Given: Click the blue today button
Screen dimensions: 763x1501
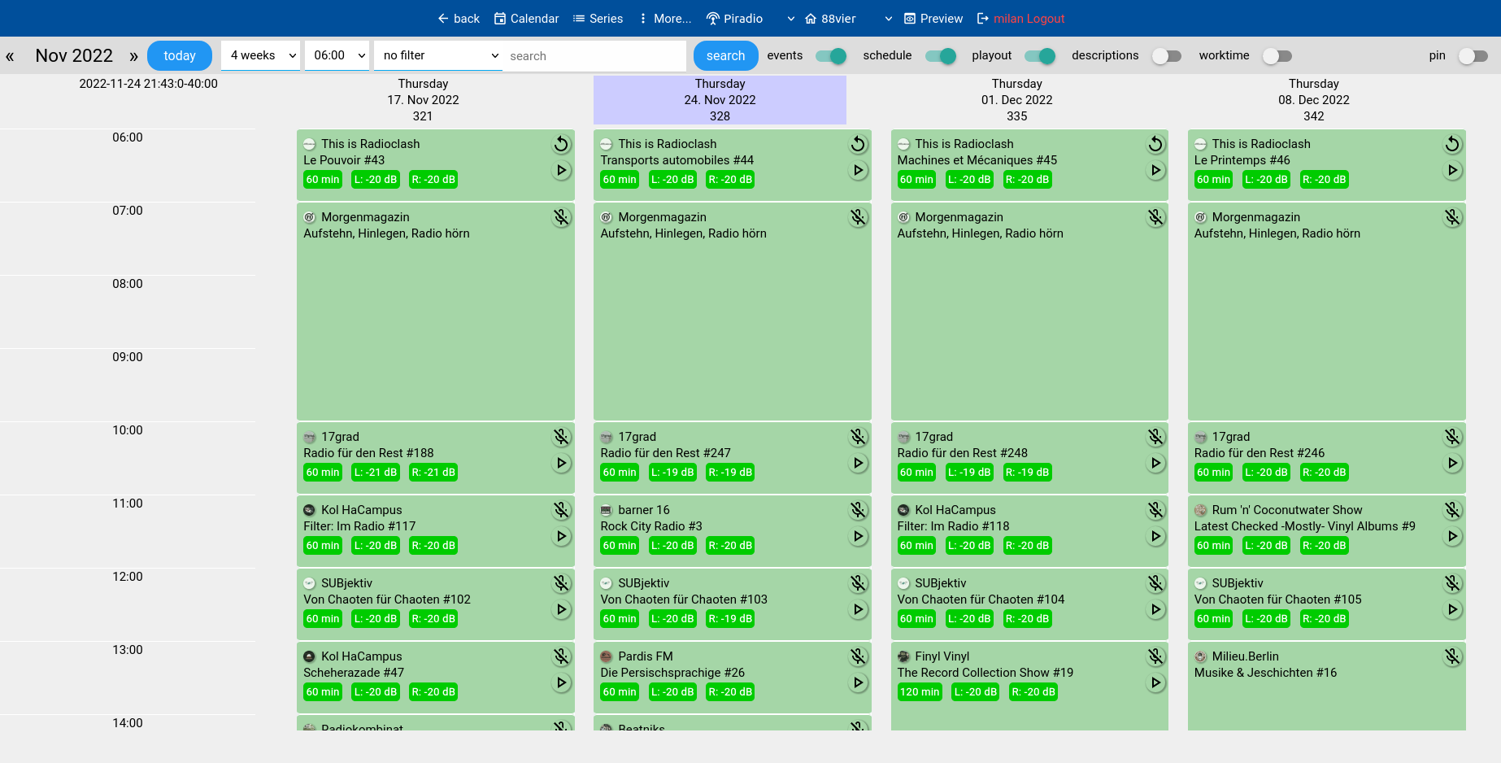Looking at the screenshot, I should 179,55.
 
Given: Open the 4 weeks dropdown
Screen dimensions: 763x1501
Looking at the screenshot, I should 260,55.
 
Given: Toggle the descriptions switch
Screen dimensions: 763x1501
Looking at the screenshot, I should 1167,55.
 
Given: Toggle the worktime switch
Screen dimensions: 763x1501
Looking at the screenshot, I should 1277,55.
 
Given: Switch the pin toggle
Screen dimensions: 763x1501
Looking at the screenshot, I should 1473,55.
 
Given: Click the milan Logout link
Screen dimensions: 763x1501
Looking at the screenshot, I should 1028,19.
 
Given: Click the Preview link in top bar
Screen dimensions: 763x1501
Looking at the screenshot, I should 933,19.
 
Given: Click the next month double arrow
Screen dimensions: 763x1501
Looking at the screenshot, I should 133,56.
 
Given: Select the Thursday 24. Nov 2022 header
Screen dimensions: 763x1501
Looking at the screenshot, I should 720,99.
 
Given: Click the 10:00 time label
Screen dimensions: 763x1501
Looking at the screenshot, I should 128,430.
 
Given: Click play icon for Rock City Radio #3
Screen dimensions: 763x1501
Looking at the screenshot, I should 858,536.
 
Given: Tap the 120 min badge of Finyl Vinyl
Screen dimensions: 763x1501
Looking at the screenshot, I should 920,692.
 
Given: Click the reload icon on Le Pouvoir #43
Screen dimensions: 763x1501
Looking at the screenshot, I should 561,144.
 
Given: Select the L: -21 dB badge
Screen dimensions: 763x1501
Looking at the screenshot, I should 376,473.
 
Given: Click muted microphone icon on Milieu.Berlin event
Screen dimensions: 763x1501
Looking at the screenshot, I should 1452,656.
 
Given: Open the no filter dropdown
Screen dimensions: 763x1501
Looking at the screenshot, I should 439,55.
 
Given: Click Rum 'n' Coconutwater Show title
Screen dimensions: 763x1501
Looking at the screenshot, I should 1286,510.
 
